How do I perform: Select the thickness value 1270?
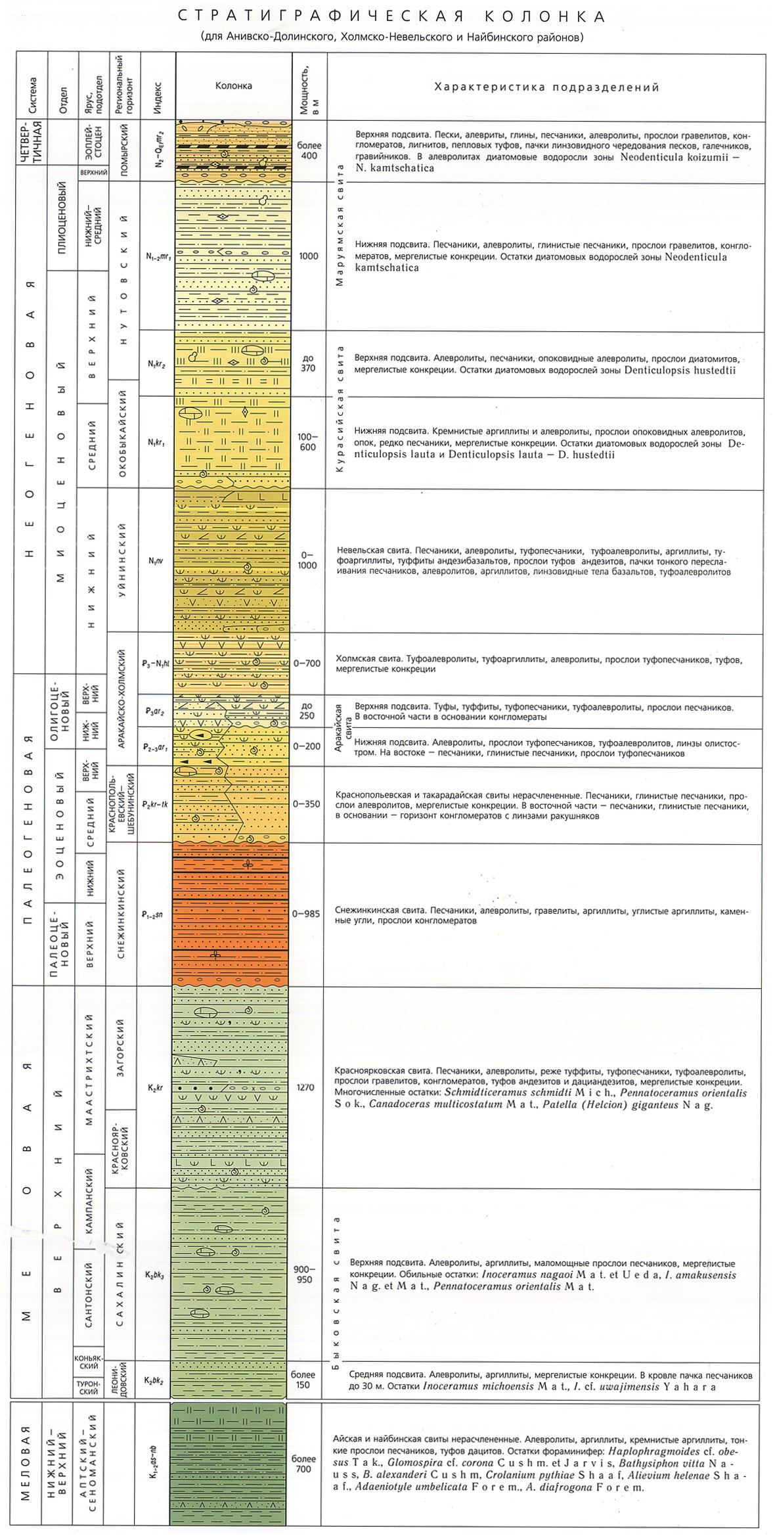click(306, 1088)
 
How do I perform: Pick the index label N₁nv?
click(157, 560)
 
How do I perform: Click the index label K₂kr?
click(156, 1088)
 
